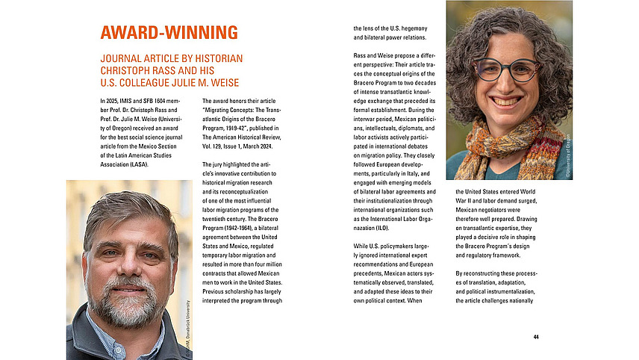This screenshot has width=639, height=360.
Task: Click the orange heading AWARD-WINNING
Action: click(169, 32)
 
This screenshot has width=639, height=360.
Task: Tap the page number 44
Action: click(536, 337)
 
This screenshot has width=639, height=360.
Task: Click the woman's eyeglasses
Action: click(508, 69)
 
